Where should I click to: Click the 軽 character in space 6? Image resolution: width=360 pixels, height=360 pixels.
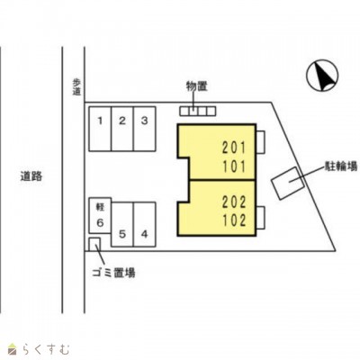(100, 207)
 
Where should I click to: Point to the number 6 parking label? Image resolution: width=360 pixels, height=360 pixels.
(100, 222)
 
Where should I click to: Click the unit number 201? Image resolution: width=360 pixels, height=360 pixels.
(234, 148)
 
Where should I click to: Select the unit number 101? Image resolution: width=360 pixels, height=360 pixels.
(234, 166)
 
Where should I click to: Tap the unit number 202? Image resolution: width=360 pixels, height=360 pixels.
(234, 202)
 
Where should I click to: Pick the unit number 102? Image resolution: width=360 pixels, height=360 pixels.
(234, 220)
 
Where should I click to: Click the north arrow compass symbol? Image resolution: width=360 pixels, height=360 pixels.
(322, 75)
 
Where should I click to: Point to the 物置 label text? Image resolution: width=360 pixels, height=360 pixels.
(197, 86)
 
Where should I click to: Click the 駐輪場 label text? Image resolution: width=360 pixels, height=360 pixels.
(342, 166)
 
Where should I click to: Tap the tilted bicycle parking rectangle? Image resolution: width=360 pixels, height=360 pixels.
(288, 184)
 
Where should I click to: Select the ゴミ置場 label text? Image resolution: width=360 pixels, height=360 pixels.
(113, 273)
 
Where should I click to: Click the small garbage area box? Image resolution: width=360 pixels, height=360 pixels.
(94, 244)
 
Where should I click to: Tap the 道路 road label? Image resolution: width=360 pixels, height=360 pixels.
(31, 176)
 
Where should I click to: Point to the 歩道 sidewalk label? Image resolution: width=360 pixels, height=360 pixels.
(76, 87)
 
